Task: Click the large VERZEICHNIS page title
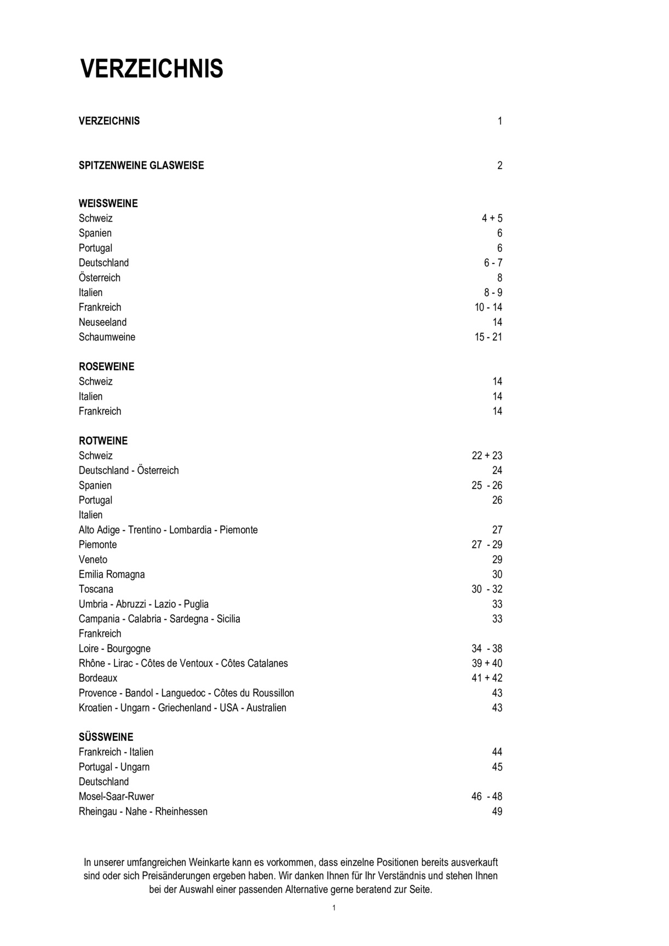[152, 70]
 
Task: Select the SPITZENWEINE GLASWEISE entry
[141, 165]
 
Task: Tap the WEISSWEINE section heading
[108, 204]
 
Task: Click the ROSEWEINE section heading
[106, 367]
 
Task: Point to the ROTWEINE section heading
[103, 441]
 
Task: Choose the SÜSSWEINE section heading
[106, 737]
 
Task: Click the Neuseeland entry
[102, 322]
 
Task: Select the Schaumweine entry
[107, 337]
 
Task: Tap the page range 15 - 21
[488, 337]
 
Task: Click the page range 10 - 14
[488, 308]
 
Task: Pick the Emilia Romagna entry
[112, 574]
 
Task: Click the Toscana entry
[96, 589]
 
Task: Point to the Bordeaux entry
[98, 678]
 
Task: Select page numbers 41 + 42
[487, 678]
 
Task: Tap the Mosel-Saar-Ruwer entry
[116, 797]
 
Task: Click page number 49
[497, 811]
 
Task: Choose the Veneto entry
[93, 559]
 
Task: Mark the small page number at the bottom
[334, 908]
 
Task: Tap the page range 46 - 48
[487, 797]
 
